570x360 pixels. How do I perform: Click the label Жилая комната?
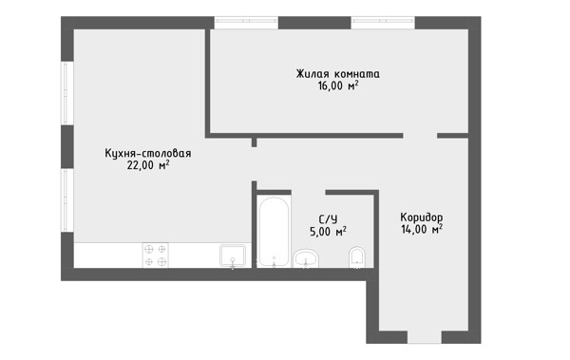pyautogui.click(x=337, y=74)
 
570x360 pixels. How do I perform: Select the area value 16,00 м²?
pyautogui.click(x=338, y=86)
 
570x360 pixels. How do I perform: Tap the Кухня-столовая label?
pyautogui.click(x=148, y=153)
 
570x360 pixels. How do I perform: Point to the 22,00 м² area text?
pyautogui.click(x=148, y=165)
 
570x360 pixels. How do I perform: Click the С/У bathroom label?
pyautogui.click(x=328, y=219)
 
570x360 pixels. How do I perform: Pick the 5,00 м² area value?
pyautogui.click(x=328, y=231)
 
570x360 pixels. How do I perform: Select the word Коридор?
pyautogui.click(x=422, y=218)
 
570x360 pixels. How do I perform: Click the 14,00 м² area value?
pyautogui.click(x=422, y=230)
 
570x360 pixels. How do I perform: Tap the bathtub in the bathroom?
pyautogui.click(x=275, y=232)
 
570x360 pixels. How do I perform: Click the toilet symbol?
pyautogui.click(x=357, y=257)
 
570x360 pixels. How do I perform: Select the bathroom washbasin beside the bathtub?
pyautogui.click(x=306, y=259)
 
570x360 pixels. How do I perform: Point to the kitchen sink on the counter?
pyautogui.click(x=233, y=256)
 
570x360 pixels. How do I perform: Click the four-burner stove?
pyautogui.click(x=155, y=256)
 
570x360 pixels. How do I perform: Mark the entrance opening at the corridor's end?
pyautogui.click(x=425, y=337)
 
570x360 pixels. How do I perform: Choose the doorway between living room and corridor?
pyautogui.click(x=420, y=136)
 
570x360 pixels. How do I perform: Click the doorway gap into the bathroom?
pyautogui.click(x=308, y=193)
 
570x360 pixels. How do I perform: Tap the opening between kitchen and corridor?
pyautogui.click(x=254, y=164)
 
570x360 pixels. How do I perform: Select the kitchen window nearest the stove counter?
pyautogui.click(x=67, y=200)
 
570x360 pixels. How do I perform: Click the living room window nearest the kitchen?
pyautogui.click(x=246, y=23)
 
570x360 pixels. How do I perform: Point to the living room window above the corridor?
pyautogui.click(x=383, y=23)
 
